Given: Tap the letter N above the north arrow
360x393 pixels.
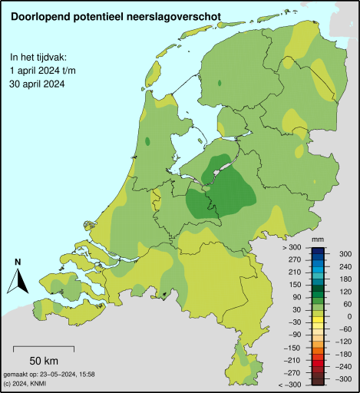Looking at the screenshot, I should pos(17,263).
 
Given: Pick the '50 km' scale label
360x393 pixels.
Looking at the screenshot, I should pos(45,361).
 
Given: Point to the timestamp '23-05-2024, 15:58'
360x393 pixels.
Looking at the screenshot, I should pos(69,374).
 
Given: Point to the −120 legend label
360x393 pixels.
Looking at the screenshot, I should pos(343,341).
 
